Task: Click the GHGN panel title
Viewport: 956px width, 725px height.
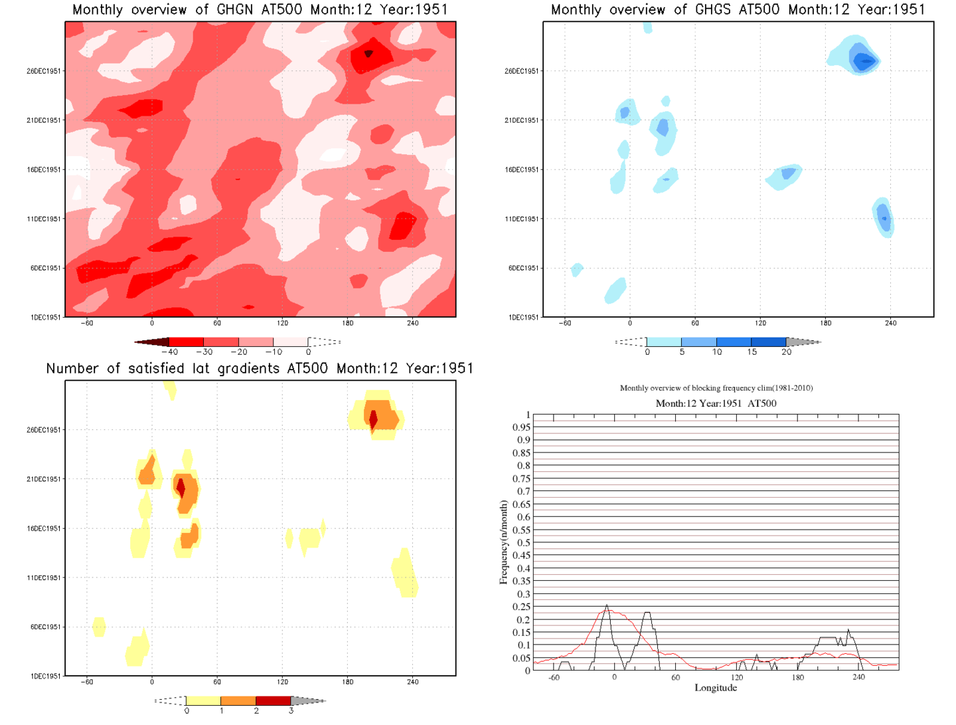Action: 260,10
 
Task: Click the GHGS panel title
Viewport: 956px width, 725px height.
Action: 738,10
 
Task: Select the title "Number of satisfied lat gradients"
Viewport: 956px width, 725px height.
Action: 260,369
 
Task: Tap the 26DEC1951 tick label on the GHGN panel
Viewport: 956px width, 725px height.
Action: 44,71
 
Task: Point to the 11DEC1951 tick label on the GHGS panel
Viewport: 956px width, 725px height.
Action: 522,219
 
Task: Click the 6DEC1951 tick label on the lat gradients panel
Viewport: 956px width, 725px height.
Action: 45,627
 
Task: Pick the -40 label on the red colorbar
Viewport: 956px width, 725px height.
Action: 170,352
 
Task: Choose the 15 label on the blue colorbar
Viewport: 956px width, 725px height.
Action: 752,352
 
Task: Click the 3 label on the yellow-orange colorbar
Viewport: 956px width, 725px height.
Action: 291,711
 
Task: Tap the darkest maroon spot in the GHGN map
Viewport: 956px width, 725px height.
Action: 368,53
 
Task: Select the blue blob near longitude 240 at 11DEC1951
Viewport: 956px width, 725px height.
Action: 884,217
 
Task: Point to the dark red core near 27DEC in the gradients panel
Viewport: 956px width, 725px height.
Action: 374,419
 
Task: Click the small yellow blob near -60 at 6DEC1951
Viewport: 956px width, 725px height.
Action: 99,627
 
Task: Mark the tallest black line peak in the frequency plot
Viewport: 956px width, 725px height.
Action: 607,606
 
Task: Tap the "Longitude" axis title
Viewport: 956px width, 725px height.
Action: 716,688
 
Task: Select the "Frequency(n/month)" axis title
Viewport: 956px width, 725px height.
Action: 503,542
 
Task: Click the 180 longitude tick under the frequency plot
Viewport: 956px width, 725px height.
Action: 797,678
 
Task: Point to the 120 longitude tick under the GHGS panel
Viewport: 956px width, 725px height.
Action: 760,323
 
